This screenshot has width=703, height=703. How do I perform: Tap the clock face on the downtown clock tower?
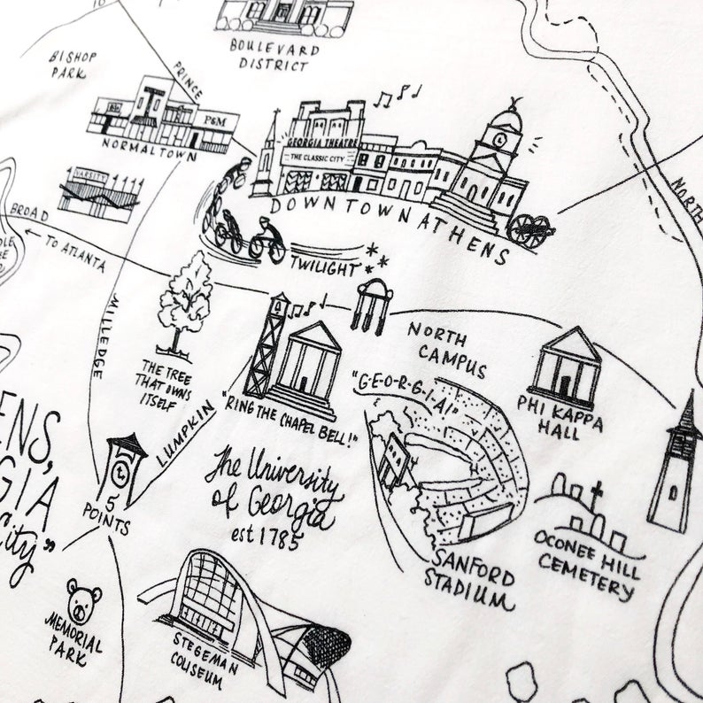[x=501, y=139]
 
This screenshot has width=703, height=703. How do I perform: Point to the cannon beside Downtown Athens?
[x=532, y=231]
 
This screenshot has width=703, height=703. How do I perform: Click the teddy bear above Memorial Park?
[x=84, y=602]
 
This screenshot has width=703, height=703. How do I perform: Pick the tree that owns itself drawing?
[x=185, y=302]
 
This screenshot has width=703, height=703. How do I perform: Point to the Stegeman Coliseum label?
[x=206, y=664]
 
